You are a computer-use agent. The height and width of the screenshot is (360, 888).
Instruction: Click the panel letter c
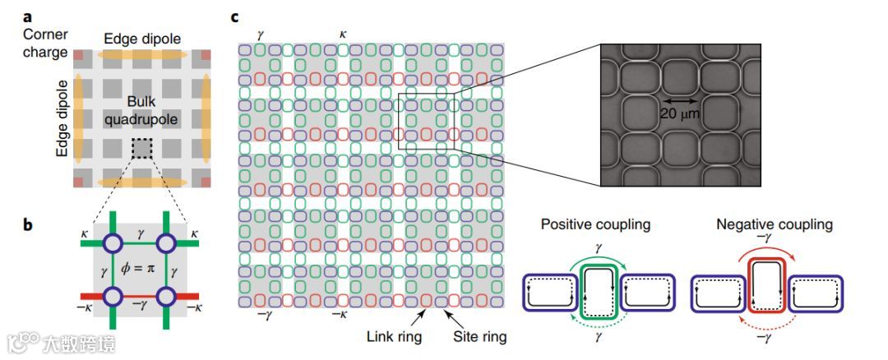(x=236, y=16)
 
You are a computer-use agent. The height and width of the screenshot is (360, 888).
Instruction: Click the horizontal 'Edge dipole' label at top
(x=141, y=39)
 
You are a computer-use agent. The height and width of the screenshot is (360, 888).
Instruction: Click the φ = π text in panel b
(x=141, y=268)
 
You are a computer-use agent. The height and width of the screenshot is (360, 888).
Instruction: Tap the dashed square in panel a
(x=141, y=149)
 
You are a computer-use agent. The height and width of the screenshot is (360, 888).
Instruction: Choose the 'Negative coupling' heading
(x=775, y=224)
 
